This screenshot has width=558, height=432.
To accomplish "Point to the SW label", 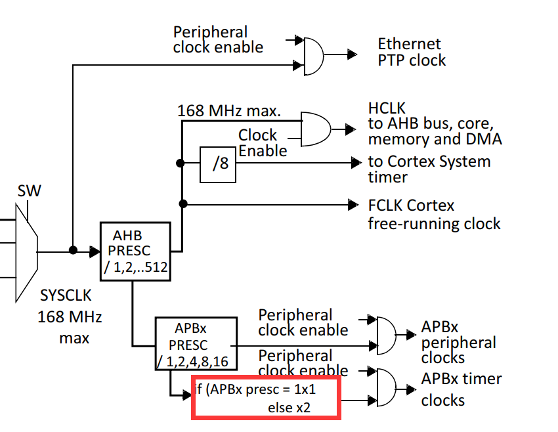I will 29,191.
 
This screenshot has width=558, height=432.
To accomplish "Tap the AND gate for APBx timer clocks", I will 386,389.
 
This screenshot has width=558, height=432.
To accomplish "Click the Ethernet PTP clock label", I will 412,52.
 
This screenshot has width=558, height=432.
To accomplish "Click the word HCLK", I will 387,108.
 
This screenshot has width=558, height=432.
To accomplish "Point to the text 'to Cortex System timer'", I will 429,169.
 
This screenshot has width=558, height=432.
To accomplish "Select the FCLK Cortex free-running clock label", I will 434,214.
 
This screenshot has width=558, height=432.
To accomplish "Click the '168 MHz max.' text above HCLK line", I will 229,110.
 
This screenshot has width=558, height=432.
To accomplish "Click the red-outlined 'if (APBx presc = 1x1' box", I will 265,398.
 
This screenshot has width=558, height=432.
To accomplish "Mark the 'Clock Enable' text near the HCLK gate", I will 261,142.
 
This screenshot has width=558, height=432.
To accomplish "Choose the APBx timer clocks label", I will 461,389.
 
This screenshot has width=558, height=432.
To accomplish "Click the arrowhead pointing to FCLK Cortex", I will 353,205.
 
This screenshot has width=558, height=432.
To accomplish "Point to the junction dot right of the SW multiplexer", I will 73,250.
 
